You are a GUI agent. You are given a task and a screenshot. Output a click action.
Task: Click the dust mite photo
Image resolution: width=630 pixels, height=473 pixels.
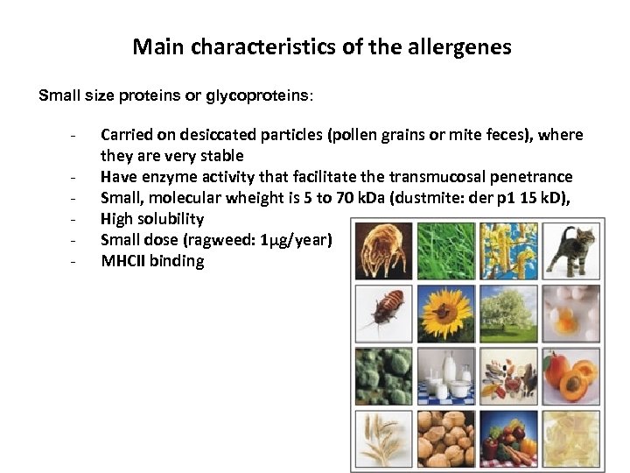point(383,249)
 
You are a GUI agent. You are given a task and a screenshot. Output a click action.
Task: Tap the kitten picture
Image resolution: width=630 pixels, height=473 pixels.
point(570,249)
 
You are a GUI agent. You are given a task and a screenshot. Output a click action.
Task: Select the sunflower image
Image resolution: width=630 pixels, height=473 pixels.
point(445,312)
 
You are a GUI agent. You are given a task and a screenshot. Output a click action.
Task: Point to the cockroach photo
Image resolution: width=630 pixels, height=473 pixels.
point(383,312)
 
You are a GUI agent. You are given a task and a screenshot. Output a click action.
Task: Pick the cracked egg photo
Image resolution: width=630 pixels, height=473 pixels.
point(570,312)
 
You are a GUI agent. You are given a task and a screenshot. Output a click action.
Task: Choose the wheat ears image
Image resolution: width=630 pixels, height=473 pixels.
point(383,437)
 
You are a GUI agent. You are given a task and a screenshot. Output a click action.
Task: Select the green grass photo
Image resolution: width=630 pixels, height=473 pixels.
point(445,249)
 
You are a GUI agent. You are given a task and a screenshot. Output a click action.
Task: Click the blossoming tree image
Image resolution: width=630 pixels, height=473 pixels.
point(508,312)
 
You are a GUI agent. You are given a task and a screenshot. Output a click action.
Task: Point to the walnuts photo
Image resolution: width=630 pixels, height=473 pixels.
point(445,437)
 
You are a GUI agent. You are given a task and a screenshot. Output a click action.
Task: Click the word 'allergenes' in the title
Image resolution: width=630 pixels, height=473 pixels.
point(463,46)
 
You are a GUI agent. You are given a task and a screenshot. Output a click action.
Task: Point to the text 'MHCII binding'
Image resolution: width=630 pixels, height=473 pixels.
point(152,261)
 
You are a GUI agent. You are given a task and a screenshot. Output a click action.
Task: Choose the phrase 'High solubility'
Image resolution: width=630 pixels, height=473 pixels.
point(152,219)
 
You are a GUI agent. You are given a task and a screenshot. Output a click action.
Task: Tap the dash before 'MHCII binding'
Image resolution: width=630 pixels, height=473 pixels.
point(78,261)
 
